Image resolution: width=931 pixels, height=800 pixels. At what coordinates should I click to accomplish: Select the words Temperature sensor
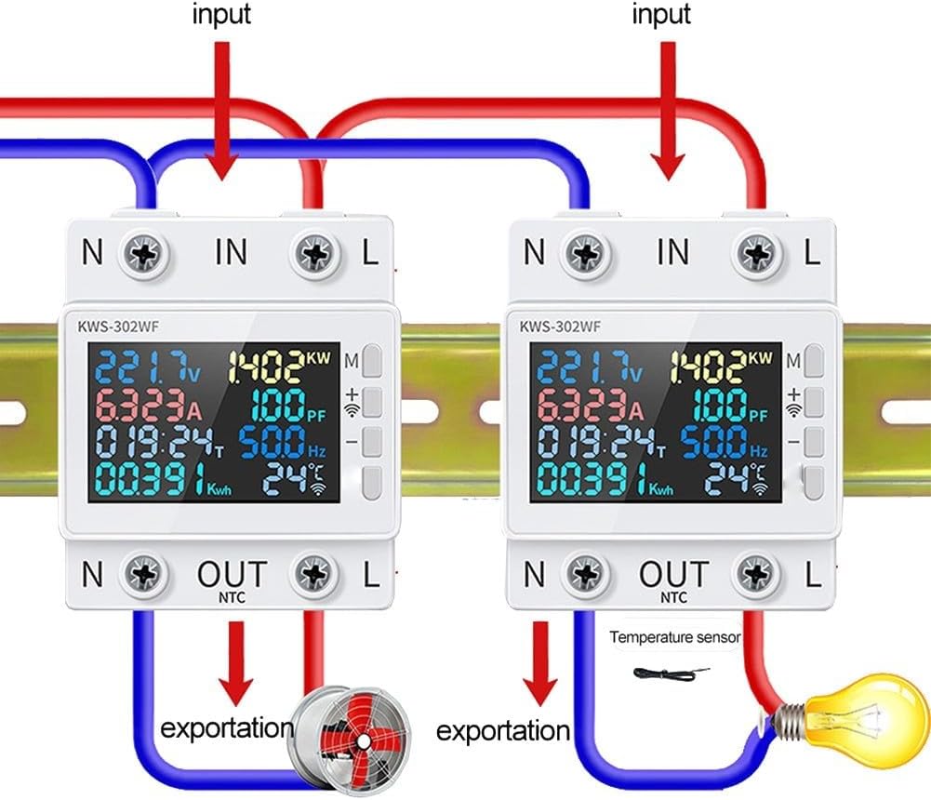tap(674, 638)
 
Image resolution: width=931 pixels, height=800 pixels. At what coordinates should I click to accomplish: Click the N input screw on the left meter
tap(149, 252)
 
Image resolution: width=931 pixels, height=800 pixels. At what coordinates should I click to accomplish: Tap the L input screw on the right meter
tap(755, 252)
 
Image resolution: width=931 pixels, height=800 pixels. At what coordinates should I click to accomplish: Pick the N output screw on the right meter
tap(591, 575)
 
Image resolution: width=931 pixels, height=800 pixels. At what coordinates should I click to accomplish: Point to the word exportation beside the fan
tap(226, 727)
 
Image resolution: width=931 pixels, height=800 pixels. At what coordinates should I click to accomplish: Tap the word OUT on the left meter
tap(231, 573)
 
